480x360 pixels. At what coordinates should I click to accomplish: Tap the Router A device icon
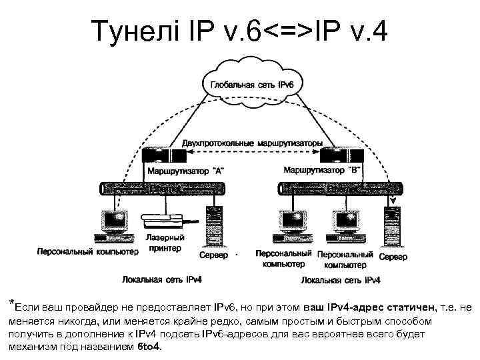[x=163, y=156]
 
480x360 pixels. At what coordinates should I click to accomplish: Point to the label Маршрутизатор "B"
[x=323, y=170]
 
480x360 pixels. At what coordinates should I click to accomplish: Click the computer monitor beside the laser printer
[x=111, y=219]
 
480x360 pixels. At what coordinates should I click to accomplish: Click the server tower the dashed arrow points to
[x=393, y=227]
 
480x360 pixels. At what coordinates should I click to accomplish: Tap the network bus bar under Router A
[x=163, y=189]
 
